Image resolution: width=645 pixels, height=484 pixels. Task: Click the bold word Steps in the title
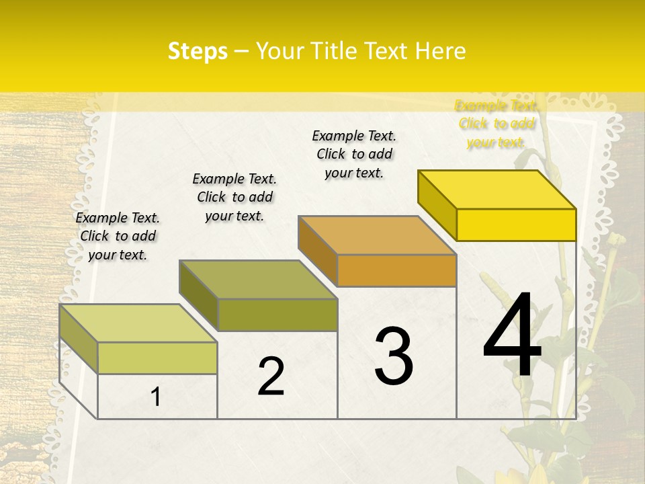198,51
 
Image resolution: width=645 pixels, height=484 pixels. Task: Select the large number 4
512,336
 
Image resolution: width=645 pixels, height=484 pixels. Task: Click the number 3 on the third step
394,356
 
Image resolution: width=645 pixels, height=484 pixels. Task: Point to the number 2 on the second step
271,376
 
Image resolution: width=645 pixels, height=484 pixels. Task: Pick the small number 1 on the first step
156,397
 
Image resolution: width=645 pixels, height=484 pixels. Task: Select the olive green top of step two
258,280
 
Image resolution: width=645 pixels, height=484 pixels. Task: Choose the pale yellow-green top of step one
138,323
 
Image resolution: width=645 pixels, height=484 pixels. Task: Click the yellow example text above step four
496,124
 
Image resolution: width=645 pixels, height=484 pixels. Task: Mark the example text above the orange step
354,154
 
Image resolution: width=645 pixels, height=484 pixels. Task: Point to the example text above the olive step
234,197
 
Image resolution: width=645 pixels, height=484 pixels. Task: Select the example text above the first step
118,236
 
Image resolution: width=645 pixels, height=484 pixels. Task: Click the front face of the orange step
396,271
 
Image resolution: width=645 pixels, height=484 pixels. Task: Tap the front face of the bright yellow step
516,225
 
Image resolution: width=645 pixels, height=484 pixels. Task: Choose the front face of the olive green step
277,315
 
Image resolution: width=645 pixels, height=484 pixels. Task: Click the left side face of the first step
79,339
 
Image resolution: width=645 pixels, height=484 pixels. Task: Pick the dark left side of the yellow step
437,204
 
